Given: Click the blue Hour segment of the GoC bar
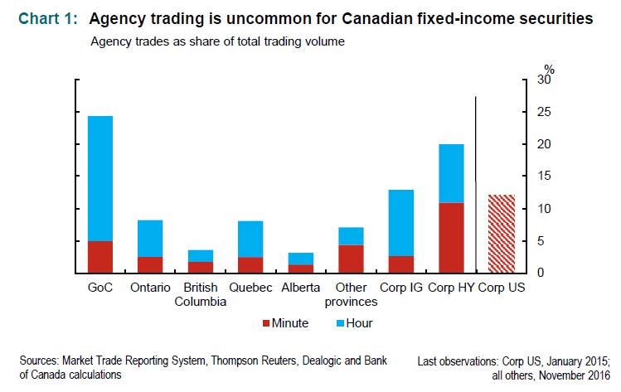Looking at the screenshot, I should [x=100, y=178].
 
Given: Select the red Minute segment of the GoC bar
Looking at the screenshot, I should [x=100, y=257].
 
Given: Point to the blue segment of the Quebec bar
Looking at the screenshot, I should [x=250, y=239].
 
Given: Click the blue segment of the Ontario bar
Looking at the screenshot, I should [x=150, y=238].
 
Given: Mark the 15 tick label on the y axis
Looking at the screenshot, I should [x=543, y=177].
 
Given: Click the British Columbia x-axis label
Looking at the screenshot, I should [x=199, y=294].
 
